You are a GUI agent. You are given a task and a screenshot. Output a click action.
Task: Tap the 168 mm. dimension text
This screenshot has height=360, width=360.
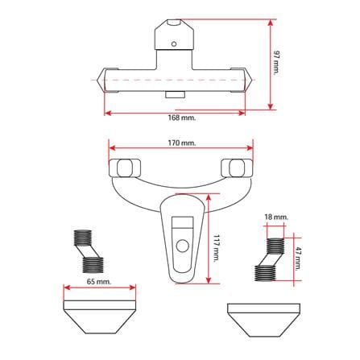[182, 118]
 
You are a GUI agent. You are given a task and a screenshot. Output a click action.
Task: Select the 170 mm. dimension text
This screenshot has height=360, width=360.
[182, 143]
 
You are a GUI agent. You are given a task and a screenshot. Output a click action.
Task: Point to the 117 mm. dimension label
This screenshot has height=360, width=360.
[216, 248]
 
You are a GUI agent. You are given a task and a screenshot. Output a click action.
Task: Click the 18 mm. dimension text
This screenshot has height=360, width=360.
[276, 217]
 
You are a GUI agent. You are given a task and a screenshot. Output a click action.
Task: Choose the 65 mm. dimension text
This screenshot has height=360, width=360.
[99, 282]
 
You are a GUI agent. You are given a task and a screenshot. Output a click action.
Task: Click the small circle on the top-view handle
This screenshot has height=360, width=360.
[174, 43]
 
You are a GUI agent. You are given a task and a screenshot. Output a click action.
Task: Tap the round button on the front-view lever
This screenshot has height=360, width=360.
[183, 246]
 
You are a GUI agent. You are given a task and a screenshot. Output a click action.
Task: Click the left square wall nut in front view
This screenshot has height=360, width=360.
[125, 168]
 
